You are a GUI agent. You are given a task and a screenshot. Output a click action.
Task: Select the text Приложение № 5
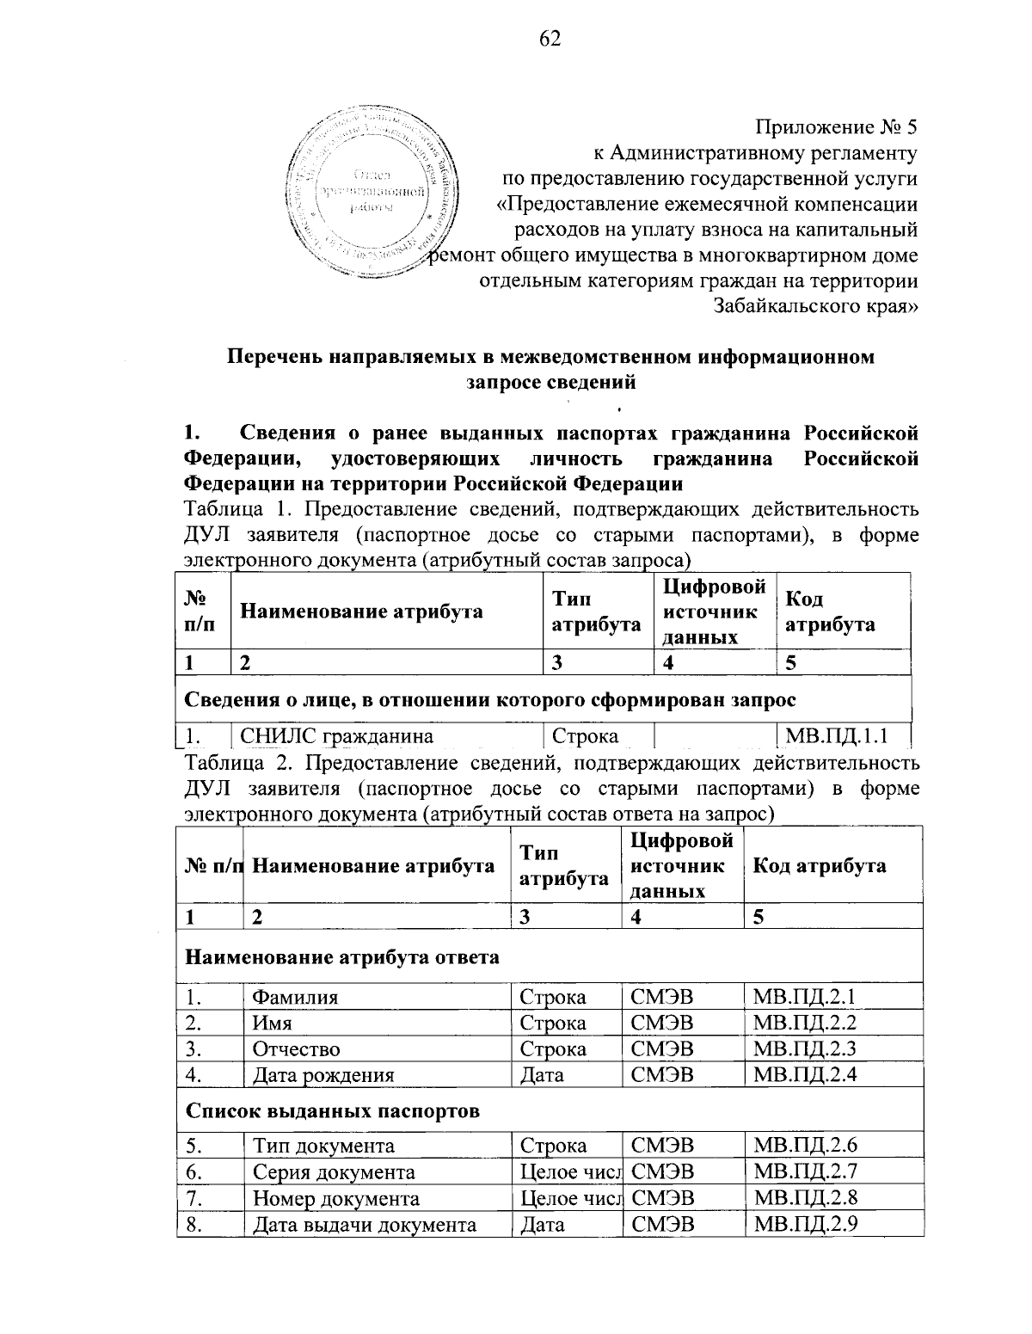pos(837,128)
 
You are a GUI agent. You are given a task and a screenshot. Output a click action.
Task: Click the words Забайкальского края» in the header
pos(816,306)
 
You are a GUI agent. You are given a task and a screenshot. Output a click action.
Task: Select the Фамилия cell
pos(295,997)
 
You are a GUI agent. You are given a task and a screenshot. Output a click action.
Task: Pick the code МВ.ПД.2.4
pos(805,1074)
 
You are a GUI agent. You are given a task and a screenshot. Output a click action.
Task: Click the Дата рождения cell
pos(322,1074)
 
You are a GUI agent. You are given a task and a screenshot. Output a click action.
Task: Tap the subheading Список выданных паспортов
pos(333,1110)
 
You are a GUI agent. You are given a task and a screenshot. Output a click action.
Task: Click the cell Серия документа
pos(334,1171)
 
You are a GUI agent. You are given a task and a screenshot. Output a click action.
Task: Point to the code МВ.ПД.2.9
pos(805,1224)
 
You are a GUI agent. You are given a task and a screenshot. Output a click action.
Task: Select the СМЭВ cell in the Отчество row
pos(662,1048)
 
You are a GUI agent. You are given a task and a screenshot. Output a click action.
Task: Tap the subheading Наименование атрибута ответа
pos(343,956)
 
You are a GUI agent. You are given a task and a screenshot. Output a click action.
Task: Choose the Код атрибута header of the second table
pos(819,865)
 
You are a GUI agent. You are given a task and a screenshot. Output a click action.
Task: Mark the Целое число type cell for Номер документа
pos(570,1198)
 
